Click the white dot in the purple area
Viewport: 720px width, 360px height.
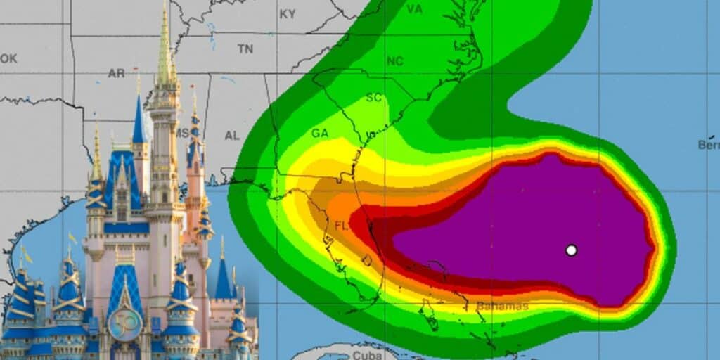click(571, 250)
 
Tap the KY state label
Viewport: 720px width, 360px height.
click(288, 14)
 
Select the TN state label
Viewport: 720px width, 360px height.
click(245, 49)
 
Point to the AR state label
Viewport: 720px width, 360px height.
click(116, 73)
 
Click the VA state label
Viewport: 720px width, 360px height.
click(415, 9)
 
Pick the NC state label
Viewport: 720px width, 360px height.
click(395, 61)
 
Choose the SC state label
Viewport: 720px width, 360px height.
click(373, 98)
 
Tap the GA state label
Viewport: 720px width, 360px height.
click(320, 133)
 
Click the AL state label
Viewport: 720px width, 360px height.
click(232, 135)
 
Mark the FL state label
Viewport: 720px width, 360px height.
click(342, 226)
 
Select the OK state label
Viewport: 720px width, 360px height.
click(8, 58)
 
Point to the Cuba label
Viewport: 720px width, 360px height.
click(366, 355)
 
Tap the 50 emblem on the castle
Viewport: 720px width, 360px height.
click(124, 324)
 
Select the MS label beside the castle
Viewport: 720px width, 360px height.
click(183, 133)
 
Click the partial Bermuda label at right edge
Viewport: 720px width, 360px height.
click(709, 145)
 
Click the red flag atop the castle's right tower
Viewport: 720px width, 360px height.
click(193, 90)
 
